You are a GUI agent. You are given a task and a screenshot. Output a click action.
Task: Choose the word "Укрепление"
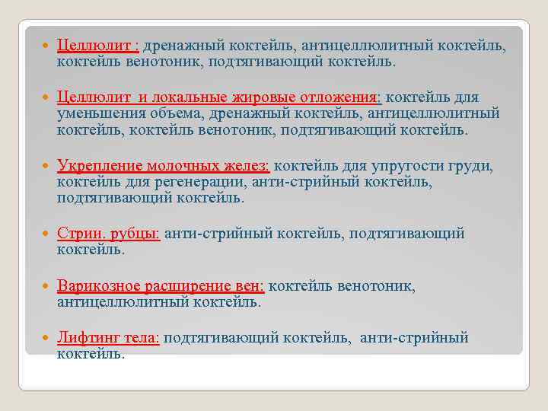click(x=99, y=166)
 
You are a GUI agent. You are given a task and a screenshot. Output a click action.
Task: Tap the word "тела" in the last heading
click(x=140, y=338)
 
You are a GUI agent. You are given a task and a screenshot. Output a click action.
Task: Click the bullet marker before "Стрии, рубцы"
click(x=49, y=234)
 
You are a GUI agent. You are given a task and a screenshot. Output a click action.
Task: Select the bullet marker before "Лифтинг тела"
click(x=49, y=339)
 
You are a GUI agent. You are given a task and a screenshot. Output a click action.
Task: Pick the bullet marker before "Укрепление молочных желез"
click(x=49, y=167)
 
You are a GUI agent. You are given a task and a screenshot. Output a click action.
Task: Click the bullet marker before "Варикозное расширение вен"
click(x=49, y=287)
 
